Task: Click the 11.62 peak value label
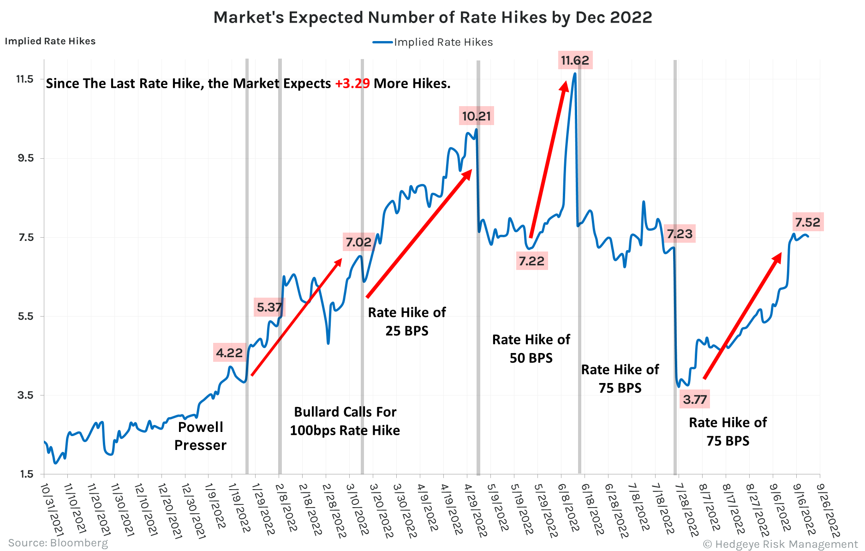click(x=575, y=60)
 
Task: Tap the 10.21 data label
click(x=477, y=116)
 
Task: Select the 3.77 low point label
click(x=694, y=400)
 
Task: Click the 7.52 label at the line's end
click(x=807, y=222)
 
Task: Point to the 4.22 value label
click(x=229, y=353)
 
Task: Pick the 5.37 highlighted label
click(x=269, y=307)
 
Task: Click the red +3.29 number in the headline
click(x=352, y=84)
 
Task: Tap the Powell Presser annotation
click(x=201, y=436)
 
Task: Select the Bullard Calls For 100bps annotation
click(x=345, y=421)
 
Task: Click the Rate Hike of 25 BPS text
click(x=407, y=322)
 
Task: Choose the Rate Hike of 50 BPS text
click(x=531, y=349)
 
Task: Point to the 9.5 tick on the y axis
click(x=25, y=158)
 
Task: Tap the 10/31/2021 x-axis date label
click(x=52, y=509)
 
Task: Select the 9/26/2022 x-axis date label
click(x=828, y=510)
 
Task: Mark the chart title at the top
click(x=432, y=18)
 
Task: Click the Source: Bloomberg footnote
click(x=58, y=543)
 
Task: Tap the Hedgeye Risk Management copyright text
click(x=780, y=544)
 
